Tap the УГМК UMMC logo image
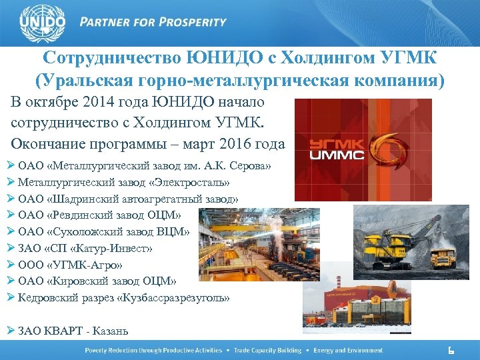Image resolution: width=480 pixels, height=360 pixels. point(363,149)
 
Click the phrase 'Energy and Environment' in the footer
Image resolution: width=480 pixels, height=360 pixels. point(349,351)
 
